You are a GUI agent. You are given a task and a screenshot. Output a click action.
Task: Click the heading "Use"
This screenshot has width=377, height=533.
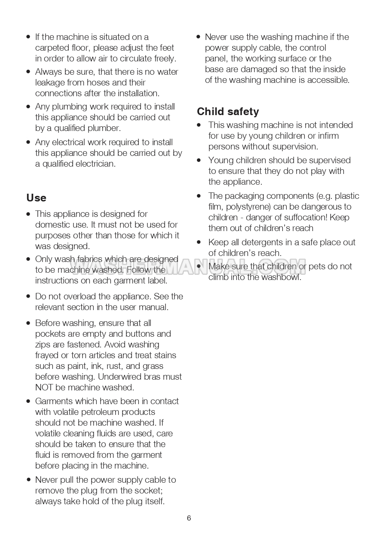click(x=36, y=198)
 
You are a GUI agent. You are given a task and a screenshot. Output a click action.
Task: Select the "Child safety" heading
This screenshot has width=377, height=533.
click(x=228, y=112)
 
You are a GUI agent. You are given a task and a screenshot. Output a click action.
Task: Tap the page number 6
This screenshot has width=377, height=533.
click(x=189, y=518)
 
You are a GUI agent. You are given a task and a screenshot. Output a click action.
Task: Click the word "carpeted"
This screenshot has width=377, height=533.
click(x=52, y=48)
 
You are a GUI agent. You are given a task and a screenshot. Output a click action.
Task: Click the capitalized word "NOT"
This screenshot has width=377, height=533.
click(x=44, y=388)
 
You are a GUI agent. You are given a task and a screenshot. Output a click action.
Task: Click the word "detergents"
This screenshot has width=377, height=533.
click(x=264, y=243)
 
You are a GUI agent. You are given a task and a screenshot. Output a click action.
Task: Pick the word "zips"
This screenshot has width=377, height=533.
click(x=43, y=345)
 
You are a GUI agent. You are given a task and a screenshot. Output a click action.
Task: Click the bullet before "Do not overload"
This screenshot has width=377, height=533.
click(x=28, y=296)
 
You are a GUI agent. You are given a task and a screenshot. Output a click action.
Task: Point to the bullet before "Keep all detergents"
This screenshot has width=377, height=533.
click(x=199, y=242)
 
